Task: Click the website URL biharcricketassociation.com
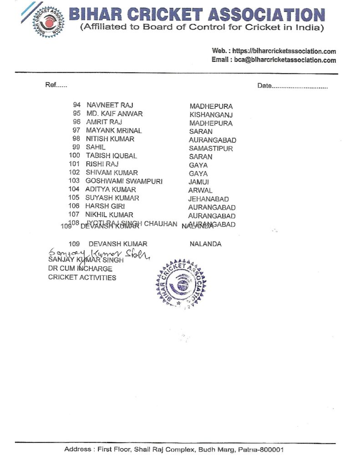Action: click(x=284, y=51)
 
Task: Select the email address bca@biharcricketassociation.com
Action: click(x=285, y=60)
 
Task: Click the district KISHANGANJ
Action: click(x=211, y=115)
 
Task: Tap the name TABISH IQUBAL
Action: click(x=111, y=156)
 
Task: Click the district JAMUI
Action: click(x=198, y=182)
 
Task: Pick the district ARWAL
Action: click(x=200, y=191)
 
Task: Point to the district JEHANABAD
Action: click(x=208, y=199)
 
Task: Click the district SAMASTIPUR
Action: click(x=211, y=148)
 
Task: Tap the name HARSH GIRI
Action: click(x=105, y=206)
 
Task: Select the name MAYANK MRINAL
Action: click(x=114, y=131)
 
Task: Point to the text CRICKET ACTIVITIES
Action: click(x=82, y=278)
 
